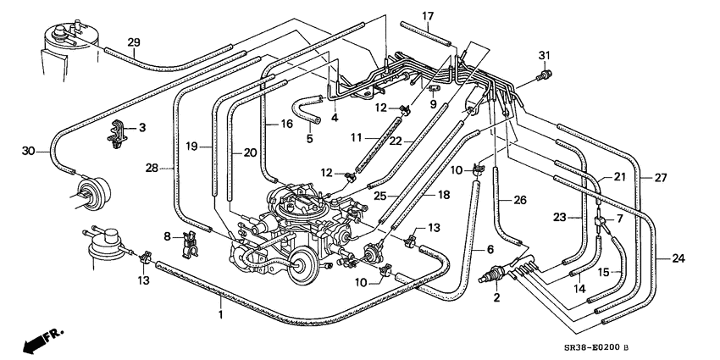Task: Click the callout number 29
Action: [133, 43]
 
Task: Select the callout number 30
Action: [29, 152]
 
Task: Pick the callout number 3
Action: [141, 128]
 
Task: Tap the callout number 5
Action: [309, 139]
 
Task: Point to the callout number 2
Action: [497, 297]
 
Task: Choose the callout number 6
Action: [489, 250]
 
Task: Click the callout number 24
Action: [678, 258]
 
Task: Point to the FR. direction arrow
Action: [41, 341]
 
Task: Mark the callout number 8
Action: [167, 236]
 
